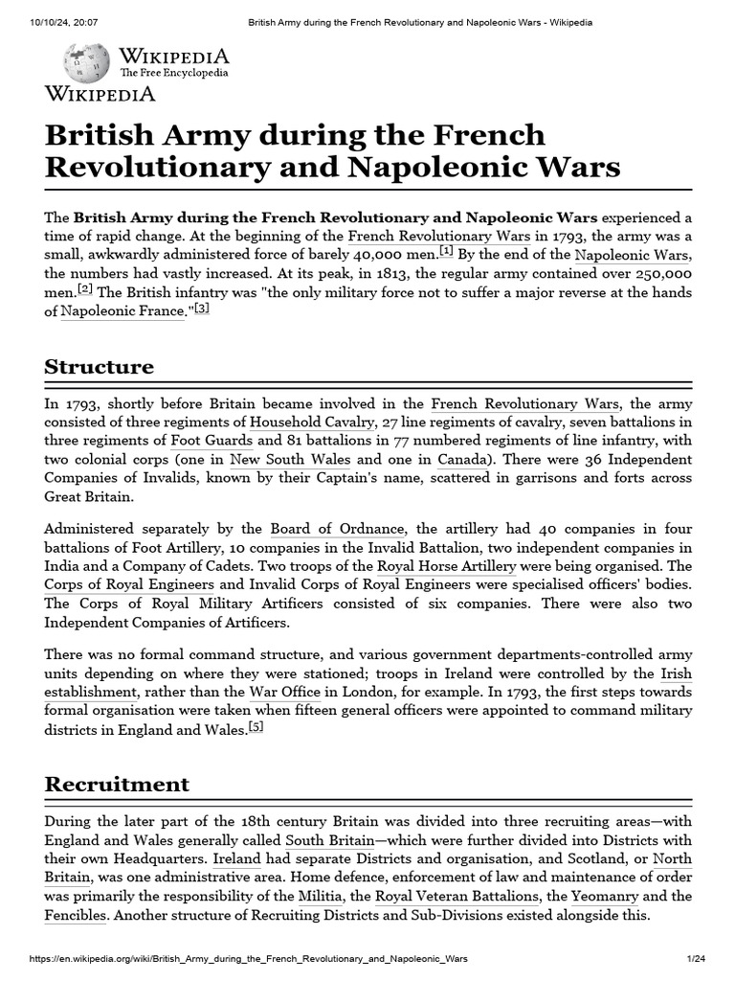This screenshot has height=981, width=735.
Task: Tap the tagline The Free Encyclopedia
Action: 173,73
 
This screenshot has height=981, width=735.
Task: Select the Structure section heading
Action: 99,367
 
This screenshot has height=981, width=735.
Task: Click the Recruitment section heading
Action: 117,785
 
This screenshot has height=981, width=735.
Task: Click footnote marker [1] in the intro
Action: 446,251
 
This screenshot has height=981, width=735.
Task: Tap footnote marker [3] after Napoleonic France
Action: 201,308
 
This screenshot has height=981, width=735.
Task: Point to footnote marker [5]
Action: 255,726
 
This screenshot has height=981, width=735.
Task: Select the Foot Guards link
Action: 212,442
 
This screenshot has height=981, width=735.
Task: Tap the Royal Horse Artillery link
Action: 448,567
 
